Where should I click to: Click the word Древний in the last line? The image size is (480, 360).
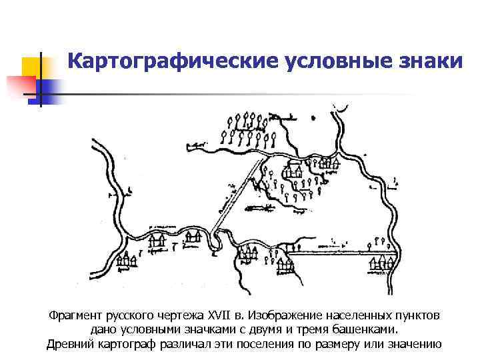pyautogui.click(x=71, y=344)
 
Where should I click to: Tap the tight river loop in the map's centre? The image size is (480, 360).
pyautogui.click(x=214, y=241)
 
